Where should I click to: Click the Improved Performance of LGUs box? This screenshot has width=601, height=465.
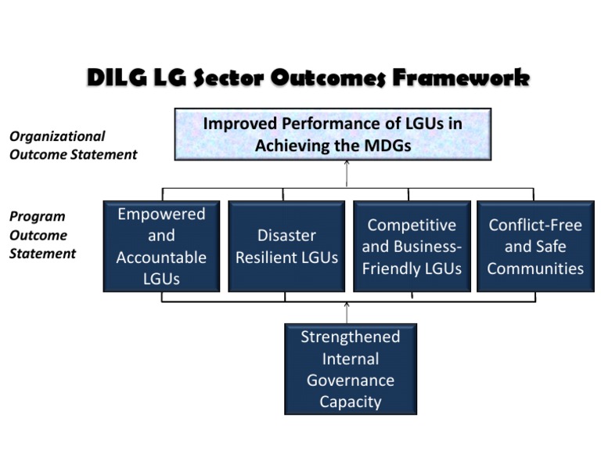point(333,134)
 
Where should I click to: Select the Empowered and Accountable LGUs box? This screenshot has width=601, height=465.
point(161,246)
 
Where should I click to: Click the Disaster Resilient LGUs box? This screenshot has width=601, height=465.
point(286,246)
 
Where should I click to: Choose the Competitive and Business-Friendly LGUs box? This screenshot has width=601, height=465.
point(412,246)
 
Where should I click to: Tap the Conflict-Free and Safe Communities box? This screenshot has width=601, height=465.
point(535,246)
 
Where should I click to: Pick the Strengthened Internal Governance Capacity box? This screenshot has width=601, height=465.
point(350,369)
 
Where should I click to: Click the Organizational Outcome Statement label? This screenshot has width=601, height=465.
point(73,146)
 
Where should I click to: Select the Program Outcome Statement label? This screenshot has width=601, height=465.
point(42,235)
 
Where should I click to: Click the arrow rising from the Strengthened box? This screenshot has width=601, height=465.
point(347,312)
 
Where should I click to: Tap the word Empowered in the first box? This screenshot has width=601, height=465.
point(161,214)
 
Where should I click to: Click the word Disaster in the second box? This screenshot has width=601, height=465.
point(286,235)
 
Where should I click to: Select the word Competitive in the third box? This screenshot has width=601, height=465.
point(412,225)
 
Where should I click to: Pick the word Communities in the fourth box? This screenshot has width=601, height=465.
point(535,268)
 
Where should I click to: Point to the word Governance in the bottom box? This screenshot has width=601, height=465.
point(350,380)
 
